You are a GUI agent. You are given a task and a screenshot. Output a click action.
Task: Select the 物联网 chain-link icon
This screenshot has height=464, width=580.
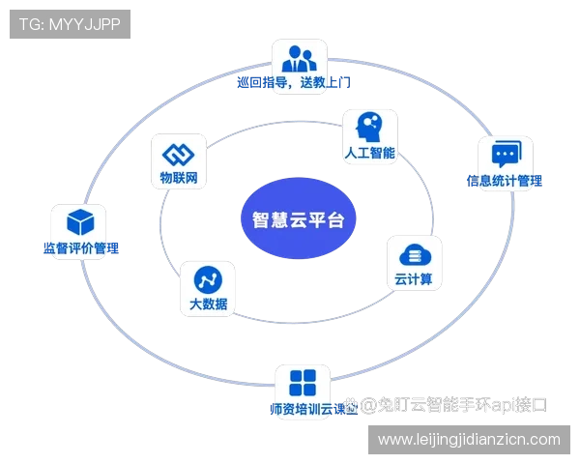coord(179,154)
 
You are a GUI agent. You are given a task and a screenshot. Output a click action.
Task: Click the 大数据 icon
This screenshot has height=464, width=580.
coord(208,280)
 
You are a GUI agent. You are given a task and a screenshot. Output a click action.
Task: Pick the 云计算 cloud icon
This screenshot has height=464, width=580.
coord(413,255)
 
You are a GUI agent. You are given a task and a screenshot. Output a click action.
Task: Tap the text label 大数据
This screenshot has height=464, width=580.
coord(208,305)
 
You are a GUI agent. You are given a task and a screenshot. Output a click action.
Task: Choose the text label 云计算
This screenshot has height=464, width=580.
coord(413,280)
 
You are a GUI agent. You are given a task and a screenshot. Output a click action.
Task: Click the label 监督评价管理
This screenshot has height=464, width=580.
coord(80,248)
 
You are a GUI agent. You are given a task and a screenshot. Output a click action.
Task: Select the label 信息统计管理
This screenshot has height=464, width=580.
coord(505,181)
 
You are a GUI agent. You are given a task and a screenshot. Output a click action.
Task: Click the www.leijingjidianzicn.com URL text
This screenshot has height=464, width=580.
coord(469,440)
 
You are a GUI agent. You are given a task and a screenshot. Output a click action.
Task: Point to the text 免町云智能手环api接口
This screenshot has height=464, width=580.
coord(454,407)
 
